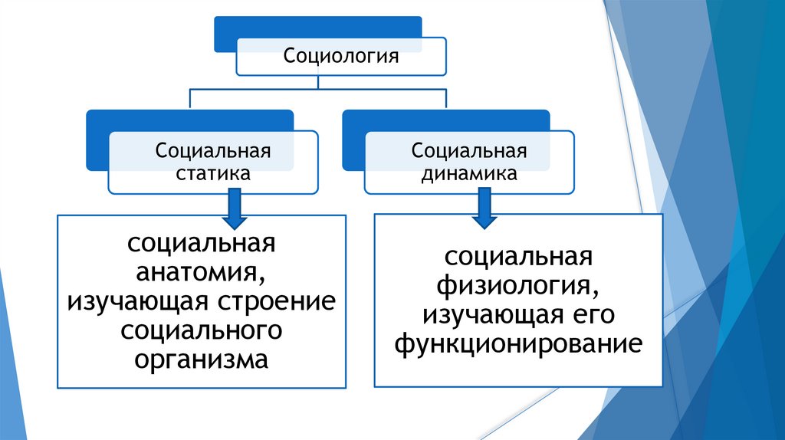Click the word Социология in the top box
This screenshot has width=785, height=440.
341,56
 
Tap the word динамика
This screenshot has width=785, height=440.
468,173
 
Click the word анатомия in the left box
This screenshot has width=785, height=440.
202,272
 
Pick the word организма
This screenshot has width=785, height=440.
202,359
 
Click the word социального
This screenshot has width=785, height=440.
202,330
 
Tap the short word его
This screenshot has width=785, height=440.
592,314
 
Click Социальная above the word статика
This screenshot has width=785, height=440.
213,149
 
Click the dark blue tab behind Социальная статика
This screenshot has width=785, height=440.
96,142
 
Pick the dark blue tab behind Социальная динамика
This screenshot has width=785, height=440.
352,142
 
